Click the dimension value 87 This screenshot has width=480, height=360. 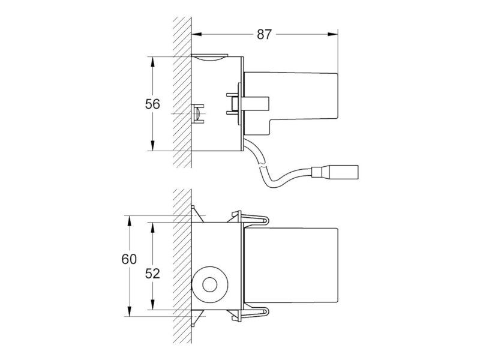[264, 35]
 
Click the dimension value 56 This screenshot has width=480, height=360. [152, 104]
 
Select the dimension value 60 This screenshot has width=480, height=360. [129, 259]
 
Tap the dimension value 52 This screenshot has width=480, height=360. [152, 274]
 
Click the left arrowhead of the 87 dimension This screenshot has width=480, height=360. [197, 34]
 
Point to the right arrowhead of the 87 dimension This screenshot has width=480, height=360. [333, 34]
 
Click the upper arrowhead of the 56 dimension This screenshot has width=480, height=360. [152, 62]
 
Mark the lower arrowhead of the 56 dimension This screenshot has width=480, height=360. [152, 146]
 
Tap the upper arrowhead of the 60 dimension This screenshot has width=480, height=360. [129, 221]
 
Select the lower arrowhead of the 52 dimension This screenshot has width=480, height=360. [152, 305]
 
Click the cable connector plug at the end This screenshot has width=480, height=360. [335, 172]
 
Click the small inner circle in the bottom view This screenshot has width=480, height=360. [209, 284]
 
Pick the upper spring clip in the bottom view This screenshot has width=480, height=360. [250, 219]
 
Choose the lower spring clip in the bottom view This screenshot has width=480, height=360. [250, 313]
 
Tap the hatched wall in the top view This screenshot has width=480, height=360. [182, 92]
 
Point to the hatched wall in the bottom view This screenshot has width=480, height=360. [182, 266]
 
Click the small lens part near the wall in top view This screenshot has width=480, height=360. [197, 113]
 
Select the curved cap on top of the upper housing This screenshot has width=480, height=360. [209, 58]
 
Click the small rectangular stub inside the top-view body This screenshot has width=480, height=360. [256, 103]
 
